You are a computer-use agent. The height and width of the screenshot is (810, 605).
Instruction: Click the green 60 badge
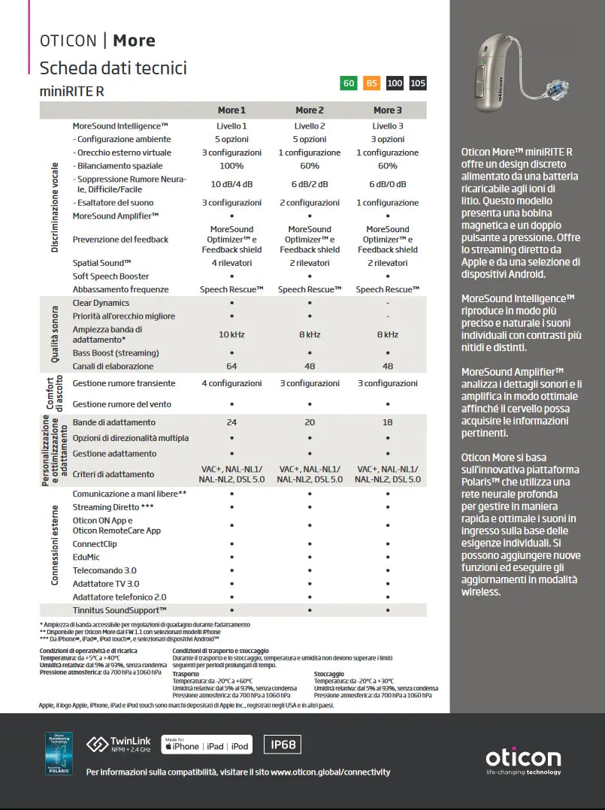pyautogui.click(x=349, y=83)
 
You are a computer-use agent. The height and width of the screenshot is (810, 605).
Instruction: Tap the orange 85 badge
pyautogui.click(x=371, y=83)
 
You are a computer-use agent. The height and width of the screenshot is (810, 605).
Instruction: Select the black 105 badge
pyautogui.click(x=418, y=83)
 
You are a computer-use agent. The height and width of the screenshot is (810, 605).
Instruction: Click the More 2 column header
pyautogui.click(x=310, y=110)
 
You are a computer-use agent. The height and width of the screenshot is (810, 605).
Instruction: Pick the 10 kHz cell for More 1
pyautogui.click(x=231, y=334)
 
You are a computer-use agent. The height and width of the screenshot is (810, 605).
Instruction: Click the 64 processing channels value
pyautogui.click(x=231, y=366)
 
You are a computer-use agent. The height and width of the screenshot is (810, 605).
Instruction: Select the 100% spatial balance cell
pyautogui.click(x=231, y=165)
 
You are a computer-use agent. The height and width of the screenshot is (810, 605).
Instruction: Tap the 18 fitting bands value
pyautogui.click(x=388, y=422)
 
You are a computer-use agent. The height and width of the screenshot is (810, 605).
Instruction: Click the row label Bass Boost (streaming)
pyautogui.click(x=116, y=352)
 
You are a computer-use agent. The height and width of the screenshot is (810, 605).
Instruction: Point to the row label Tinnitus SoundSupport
pyautogui.click(x=119, y=610)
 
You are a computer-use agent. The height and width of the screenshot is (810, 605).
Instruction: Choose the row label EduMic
pyautogui.click(x=86, y=557)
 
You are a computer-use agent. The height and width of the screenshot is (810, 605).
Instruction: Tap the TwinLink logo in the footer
pyautogui.click(x=119, y=745)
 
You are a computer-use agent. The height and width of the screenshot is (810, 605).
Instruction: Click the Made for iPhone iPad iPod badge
pyautogui.click(x=207, y=745)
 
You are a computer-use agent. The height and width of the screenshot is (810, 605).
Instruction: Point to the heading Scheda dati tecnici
pyautogui.click(x=113, y=68)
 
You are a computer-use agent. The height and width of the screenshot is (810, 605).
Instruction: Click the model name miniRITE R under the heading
pyautogui.click(x=72, y=91)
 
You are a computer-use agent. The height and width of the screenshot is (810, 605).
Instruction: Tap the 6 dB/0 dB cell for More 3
pyautogui.click(x=388, y=184)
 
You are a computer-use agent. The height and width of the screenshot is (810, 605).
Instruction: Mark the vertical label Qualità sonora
pyautogui.click(x=55, y=334)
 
